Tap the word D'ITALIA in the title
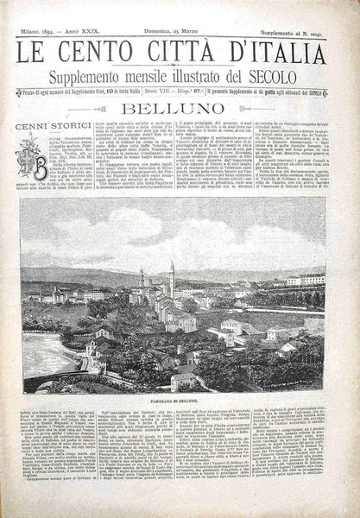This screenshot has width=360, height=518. [x=276, y=54]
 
